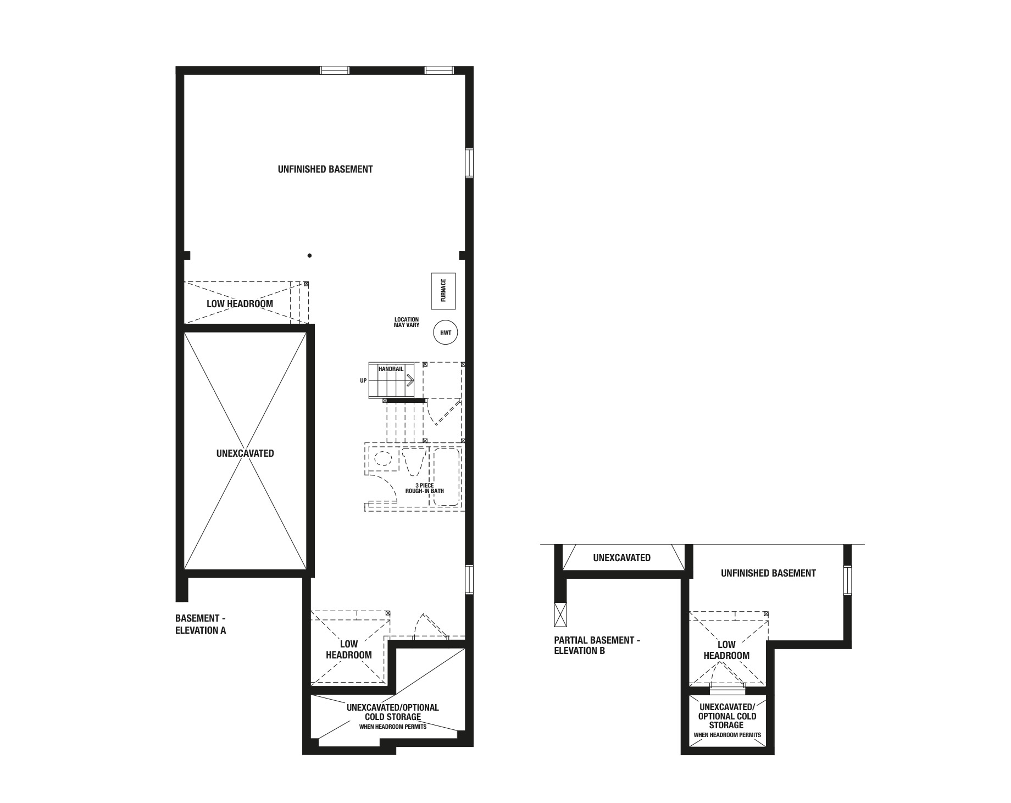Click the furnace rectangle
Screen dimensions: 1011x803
coord(443,291)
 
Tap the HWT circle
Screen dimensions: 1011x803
coord(446,333)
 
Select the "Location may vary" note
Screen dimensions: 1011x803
coord(407,322)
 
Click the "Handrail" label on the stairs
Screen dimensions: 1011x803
coord(391,369)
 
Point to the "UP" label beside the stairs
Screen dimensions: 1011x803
coord(363,380)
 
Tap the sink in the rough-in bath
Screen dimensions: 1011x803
coord(382,459)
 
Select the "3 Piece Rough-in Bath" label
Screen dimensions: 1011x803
coord(425,488)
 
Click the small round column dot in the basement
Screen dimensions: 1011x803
coord(310,256)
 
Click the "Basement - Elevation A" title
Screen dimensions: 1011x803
coord(201,624)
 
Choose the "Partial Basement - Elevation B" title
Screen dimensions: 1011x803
coord(597,645)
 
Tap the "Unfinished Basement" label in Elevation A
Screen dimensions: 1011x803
coord(325,169)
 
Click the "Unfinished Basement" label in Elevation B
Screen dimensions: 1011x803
coord(768,573)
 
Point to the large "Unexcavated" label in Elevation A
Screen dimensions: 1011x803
coord(245,453)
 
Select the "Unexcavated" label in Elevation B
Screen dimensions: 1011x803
coord(622,558)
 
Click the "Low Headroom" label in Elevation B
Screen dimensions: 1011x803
coord(726,650)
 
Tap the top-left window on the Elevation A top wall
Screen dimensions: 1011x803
coord(335,70)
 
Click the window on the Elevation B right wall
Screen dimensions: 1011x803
coord(847,580)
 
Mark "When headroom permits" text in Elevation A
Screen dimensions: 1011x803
coord(393,727)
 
